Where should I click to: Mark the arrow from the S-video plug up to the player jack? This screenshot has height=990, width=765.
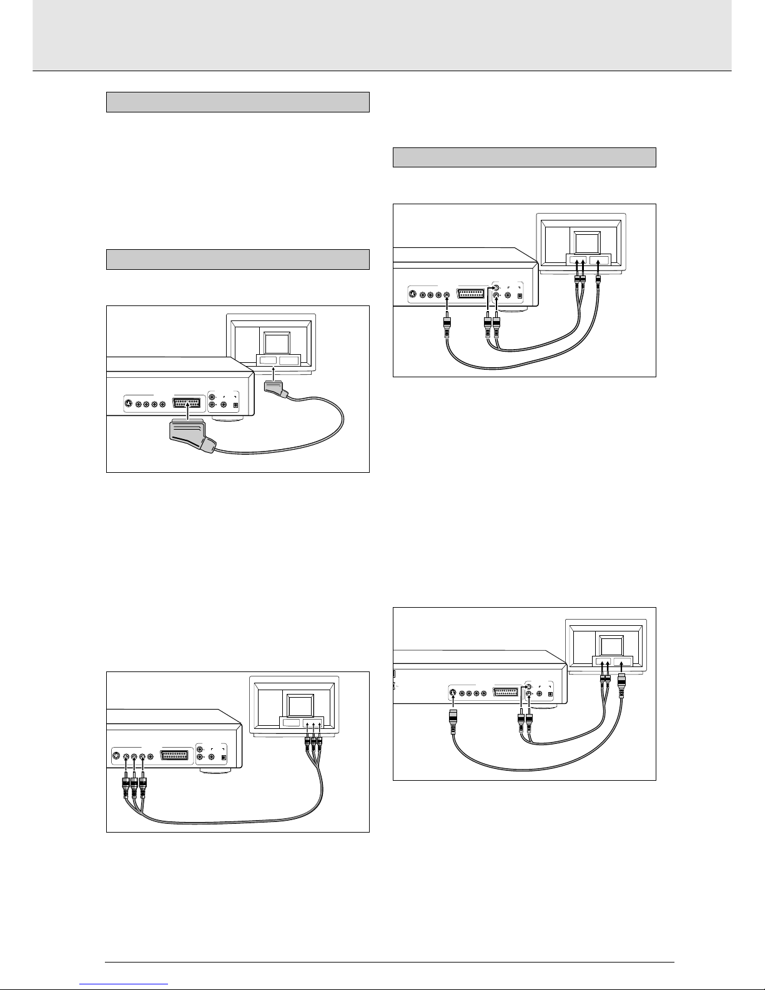[x=452, y=702]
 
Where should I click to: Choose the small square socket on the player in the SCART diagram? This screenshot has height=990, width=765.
[x=235, y=405]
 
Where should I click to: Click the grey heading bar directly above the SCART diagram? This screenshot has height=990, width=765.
[x=238, y=259]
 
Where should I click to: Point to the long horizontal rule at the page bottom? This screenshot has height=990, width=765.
[x=390, y=963]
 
